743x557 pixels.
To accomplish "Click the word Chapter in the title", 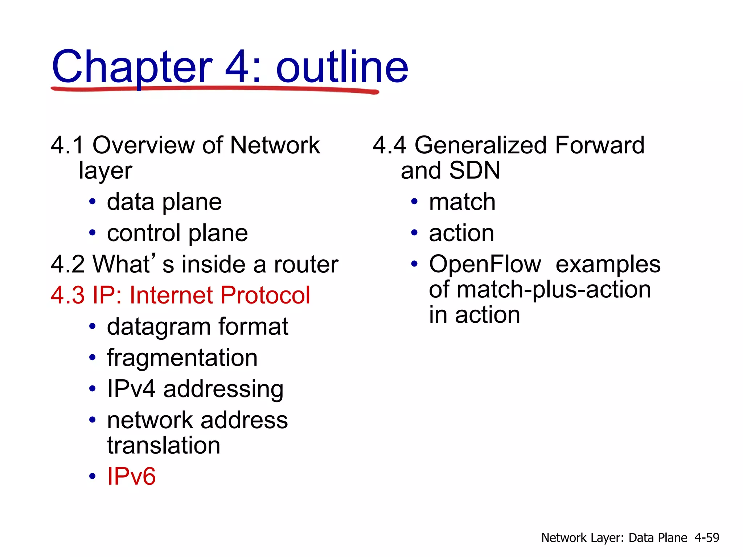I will pos(132,67).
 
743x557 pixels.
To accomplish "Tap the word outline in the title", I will pos(342,67).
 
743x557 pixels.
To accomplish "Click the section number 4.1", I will pos(67,145).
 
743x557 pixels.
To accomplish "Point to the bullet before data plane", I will pos(93,202).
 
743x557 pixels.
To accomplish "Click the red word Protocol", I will pos(265,295).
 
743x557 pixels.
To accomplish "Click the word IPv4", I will pos(131,389).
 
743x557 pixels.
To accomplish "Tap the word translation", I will pos(164,445).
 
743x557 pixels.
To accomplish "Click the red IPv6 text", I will pos(131,476).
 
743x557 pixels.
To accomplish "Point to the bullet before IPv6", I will pos(93,476).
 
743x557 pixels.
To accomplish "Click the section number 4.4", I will pos(389,145).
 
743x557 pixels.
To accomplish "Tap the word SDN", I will pos(474,170).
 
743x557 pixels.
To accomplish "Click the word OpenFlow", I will pos(485,264).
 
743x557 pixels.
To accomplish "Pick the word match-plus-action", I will pos(554,289).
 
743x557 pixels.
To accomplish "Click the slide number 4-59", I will pos(707,537).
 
